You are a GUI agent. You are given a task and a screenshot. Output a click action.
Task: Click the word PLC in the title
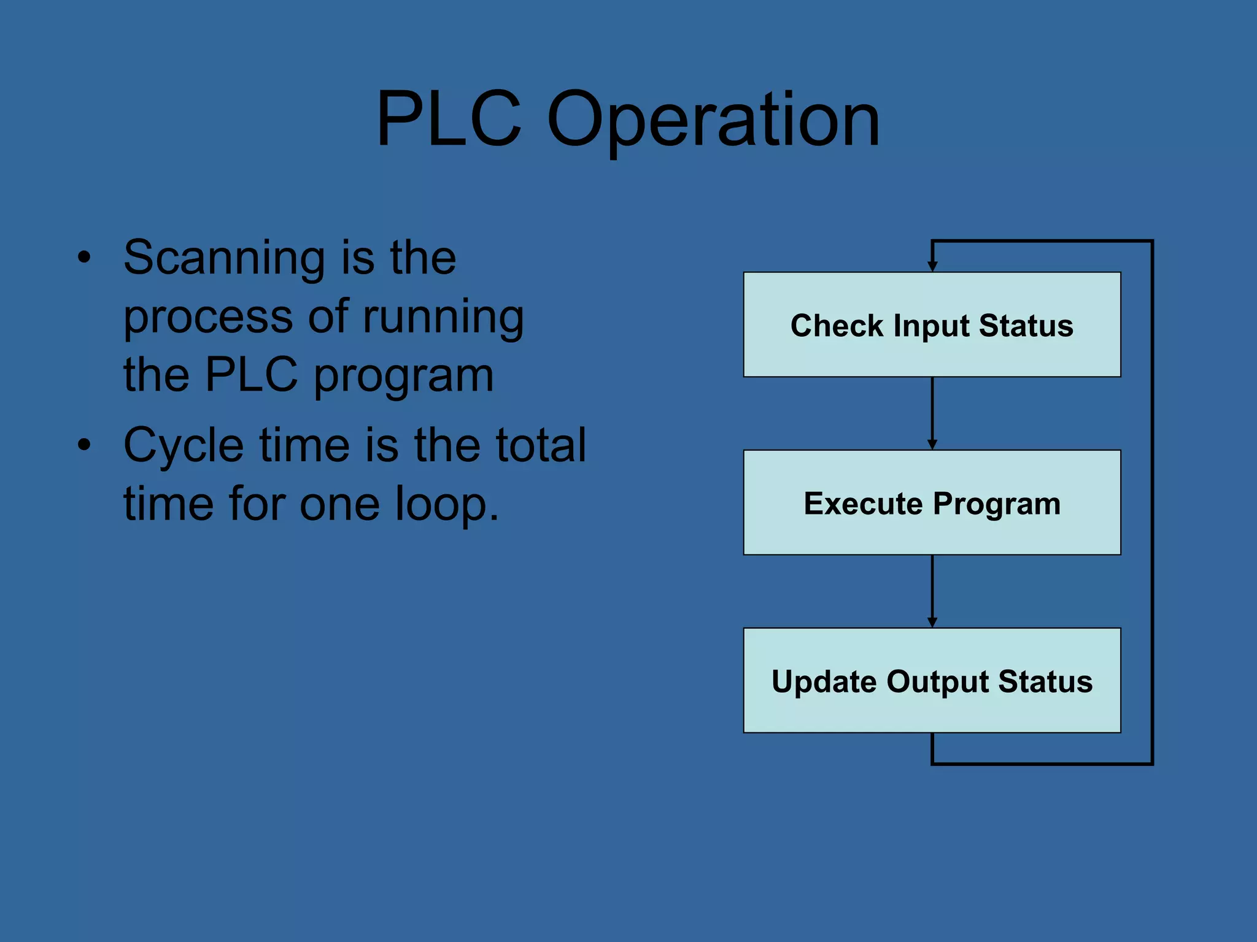[x=449, y=119]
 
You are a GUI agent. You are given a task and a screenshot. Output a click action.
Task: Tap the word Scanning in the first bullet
[x=224, y=258]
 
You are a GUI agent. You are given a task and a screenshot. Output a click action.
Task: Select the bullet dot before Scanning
[x=84, y=258]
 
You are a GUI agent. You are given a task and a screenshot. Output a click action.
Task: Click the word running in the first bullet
[x=443, y=318]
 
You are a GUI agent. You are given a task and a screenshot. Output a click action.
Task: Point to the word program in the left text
[x=404, y=376]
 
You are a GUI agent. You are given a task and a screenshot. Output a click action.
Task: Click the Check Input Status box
[x=932, y=356]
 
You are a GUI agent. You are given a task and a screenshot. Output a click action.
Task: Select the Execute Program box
[x=932, y=534]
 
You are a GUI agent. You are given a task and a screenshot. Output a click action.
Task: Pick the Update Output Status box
[x=932, y=711]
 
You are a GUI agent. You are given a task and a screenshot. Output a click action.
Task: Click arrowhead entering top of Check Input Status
[x=932, y=266]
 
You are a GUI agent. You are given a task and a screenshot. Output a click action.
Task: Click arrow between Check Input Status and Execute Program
[x=932, y=413]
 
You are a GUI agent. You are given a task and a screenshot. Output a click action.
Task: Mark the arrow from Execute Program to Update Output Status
[x=932, y=591]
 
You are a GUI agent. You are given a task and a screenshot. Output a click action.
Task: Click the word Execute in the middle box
[x=863, y=504]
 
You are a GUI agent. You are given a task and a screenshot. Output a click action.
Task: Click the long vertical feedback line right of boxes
[x=1152, y=503]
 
